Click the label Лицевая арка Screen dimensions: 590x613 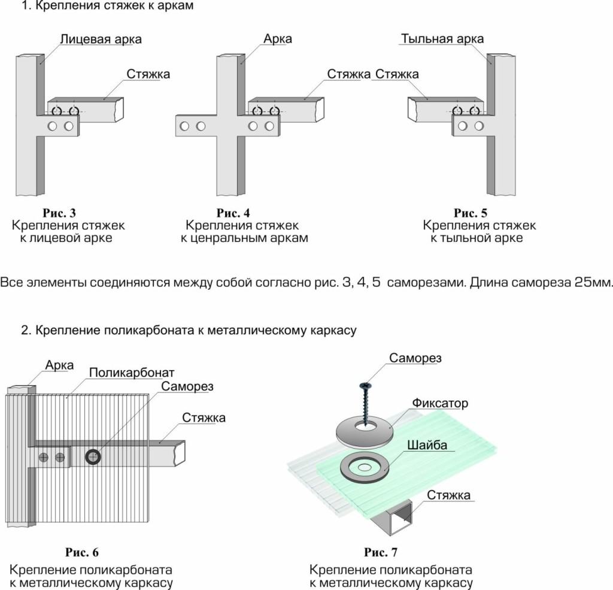(101, 40)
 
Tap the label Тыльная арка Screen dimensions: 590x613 (442, 39)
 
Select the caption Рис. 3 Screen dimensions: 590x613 (59, 213)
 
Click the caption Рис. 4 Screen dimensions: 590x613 (233, 213)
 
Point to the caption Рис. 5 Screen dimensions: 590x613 (471, 213)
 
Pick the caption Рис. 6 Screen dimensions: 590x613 (82, 552)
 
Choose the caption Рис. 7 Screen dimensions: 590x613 (381, 552)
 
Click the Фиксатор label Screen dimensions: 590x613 (440, 403)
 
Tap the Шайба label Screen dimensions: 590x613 (427, 445)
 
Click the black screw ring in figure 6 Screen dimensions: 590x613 (93, 458)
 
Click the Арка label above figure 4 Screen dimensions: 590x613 (278, 39)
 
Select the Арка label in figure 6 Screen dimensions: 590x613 (59, 365)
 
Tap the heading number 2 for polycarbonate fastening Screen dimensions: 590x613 (25, 330)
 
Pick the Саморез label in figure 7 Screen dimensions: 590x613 (415, 358)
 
